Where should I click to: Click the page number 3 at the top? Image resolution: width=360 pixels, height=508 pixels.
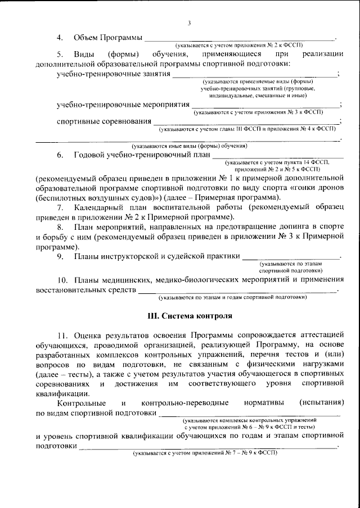tap(189, 22)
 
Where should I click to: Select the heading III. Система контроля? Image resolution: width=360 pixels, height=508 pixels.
tap(188, 316)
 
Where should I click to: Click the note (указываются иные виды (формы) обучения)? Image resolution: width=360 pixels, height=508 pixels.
tap(188, 146)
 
